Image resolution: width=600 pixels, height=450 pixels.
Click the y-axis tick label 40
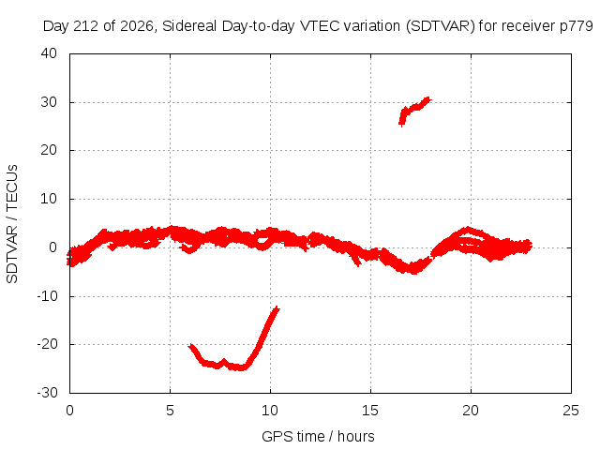49,53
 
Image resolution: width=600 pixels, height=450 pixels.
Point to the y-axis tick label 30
49,102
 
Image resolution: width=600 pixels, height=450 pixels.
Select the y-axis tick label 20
49,150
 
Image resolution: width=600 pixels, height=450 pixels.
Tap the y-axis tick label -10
47,296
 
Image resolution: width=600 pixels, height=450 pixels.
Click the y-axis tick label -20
47,344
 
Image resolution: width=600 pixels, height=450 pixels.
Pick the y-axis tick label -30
47,393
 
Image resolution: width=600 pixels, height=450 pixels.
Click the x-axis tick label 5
170,411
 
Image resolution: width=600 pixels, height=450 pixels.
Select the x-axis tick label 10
270,411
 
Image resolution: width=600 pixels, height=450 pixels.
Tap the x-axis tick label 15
370,411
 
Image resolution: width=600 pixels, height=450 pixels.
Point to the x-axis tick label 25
571,411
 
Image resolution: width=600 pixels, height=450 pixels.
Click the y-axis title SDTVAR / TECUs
12,224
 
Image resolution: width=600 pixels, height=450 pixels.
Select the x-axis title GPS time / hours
318,437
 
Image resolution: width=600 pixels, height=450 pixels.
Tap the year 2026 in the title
137,26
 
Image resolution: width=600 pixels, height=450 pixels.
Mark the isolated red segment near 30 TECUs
414,110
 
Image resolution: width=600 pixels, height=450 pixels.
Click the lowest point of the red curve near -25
241,368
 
